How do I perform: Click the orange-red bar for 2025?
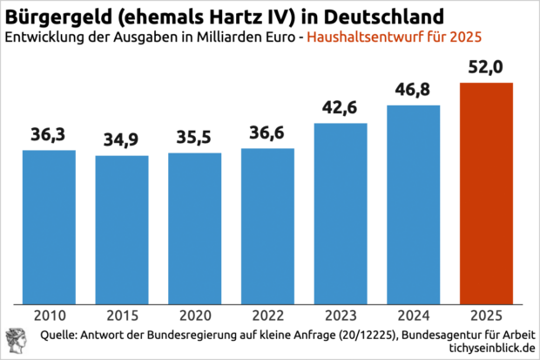pos(486,192)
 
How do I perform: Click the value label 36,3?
pos(49,135)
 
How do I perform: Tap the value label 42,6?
pos(341,109)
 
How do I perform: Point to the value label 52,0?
pos(486,68)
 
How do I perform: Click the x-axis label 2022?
pos(267,315)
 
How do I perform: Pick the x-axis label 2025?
pos(486,315)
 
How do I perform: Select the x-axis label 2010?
pos(49,315)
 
